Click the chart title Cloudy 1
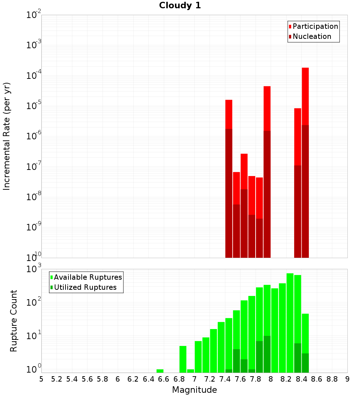[180, 5]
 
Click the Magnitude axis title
[194, 390]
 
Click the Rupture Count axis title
[14, 321]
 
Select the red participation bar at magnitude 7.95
[267, 108]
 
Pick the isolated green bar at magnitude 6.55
[160, 371]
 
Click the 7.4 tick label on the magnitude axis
[225, 379]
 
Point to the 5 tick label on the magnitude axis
[41, 379]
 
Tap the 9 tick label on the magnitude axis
[347, 379]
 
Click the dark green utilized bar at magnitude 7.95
[267, 354]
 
